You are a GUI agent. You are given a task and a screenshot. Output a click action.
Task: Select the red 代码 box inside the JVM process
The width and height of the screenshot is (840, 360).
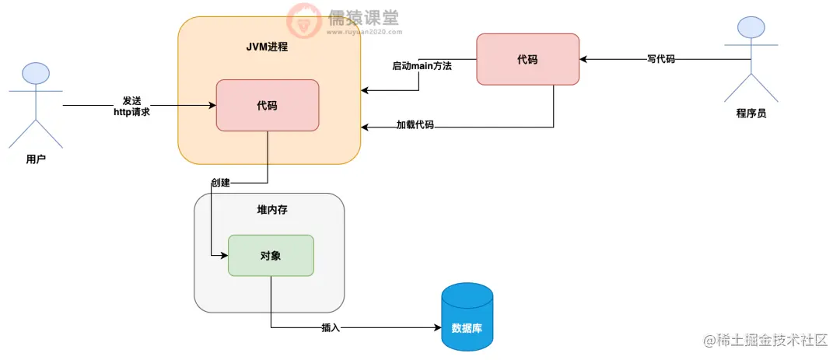point(267,105)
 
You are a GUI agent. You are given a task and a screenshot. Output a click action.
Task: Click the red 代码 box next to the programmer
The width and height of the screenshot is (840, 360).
point(527,59)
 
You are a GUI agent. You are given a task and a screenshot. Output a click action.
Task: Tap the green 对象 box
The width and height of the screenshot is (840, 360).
point(270,255)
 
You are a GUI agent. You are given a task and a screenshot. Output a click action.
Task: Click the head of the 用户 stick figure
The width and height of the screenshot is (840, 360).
point(36,73)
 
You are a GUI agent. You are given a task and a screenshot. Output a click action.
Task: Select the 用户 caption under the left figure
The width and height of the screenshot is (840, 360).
point(36,159)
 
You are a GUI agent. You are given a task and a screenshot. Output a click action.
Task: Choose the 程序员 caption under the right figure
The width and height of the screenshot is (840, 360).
point(751,113)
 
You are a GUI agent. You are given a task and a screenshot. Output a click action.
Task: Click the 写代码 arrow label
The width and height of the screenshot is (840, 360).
point(660,59)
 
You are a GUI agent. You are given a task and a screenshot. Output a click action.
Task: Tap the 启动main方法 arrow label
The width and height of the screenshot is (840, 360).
point(422,66)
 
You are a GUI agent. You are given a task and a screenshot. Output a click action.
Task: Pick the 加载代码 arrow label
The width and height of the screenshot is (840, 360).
point(415,124)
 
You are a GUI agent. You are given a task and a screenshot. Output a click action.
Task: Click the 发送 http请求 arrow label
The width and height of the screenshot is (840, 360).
point(131,107)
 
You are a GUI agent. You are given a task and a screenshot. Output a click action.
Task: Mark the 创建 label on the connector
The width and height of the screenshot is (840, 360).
point(220,183)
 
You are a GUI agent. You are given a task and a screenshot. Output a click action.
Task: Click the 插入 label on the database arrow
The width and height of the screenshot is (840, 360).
point(331,327)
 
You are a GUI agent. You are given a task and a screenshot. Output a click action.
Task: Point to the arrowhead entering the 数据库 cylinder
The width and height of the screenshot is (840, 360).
point(436,327)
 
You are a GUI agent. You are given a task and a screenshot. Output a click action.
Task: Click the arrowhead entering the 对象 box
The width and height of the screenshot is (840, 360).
point(223,255)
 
